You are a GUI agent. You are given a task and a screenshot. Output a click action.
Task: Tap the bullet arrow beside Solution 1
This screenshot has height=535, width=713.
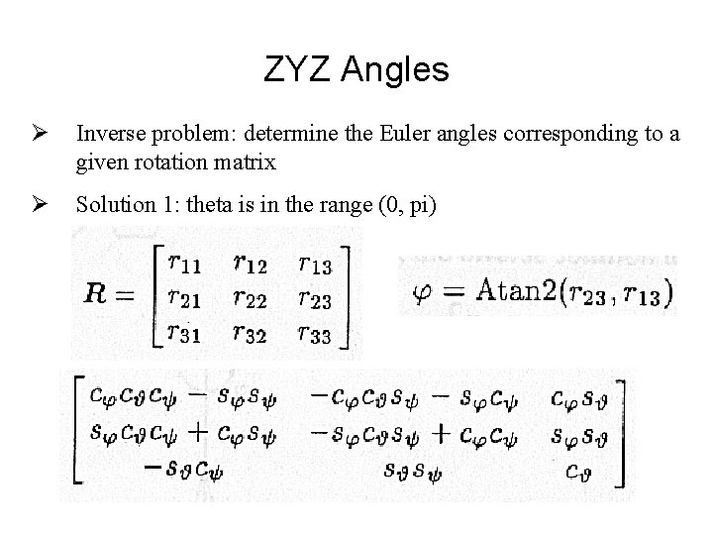[40, 205]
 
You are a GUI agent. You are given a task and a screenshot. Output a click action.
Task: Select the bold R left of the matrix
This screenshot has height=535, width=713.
[99, 293]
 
